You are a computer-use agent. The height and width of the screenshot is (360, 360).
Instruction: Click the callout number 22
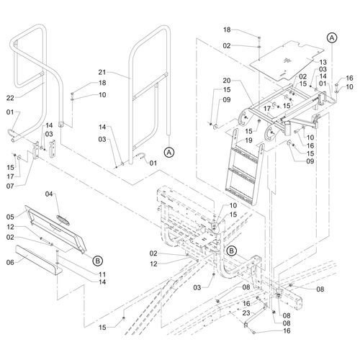pos(10,98)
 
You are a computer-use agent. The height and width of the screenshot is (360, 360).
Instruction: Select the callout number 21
pos(102,72)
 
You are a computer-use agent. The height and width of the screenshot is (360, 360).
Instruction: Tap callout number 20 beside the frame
pos(227,81)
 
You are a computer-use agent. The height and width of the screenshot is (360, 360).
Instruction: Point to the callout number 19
pos(248,140)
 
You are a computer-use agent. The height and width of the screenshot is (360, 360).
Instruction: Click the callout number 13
pos(323,62)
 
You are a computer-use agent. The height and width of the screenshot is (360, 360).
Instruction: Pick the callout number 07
pos(10,186)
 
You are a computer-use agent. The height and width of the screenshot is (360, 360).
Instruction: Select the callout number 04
pos(49,194)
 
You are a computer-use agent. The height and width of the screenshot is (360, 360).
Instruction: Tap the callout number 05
pos(10,217)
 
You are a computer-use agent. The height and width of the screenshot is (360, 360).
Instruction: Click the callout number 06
pos(10,262)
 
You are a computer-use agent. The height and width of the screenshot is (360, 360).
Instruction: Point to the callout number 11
pos(102,274)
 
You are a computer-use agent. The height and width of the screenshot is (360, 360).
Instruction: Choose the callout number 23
pos(246,313)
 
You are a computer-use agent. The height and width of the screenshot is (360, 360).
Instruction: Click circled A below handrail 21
pos(169,152)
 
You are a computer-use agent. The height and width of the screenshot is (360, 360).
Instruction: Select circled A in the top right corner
pos(332,38)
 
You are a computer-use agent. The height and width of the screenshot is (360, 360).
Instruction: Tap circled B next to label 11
pos(97,261)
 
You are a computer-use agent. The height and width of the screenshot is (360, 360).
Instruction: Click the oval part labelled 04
pos(63,220)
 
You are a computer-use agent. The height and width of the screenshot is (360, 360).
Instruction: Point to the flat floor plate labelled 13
pos(287,60)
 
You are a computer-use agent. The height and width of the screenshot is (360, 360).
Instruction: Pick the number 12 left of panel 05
pos(10,227)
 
